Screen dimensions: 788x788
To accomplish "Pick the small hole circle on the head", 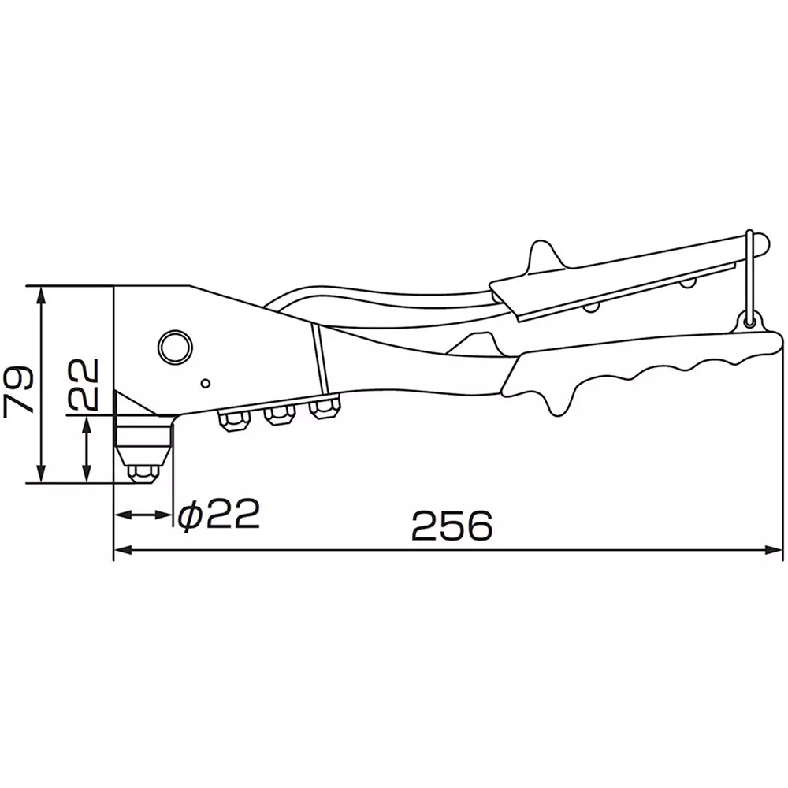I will pyautogui.click(x=205, y=384).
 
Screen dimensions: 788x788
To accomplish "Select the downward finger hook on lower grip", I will pyautogui.click(x=556, y=403).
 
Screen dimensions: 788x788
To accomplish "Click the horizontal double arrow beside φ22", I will pyautogui.click(x=143, y=515).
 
